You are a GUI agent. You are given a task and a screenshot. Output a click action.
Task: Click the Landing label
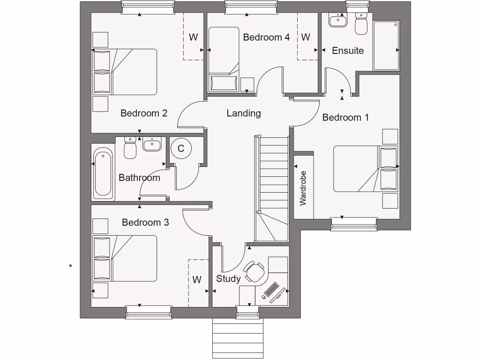tap(243, 113)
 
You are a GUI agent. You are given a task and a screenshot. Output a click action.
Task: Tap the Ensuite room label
tap(347, 51)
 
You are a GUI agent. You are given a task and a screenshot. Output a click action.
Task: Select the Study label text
tap(228, 279)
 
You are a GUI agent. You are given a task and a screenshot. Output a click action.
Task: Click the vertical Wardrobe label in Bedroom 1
tap(303, 188)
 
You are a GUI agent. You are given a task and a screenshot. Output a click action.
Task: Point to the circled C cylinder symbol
tap(181, 149)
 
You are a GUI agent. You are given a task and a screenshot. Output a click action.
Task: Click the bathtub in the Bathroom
tap(103, 173)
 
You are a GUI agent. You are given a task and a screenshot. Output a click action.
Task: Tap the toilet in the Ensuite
tap(361, 25)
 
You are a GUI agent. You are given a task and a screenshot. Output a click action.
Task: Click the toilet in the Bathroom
tap(130, 148)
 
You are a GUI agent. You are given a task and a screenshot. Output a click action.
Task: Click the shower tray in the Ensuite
tap(386, 45)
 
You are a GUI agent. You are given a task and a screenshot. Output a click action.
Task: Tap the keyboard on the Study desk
tap(272, 290)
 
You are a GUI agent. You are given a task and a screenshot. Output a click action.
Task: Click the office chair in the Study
tap(255, 271)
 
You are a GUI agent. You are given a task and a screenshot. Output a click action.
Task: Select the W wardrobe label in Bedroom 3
tap(197, 280)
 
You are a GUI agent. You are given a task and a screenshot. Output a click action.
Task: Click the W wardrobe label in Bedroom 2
tap(193, 37)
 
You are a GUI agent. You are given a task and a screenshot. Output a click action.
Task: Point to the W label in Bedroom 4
tap(306, 37)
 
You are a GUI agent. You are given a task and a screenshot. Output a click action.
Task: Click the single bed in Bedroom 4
tap(224, 59)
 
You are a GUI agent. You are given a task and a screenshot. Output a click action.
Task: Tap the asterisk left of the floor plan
tap(70, 267)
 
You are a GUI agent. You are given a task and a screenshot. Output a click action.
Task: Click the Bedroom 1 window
tap(354, 224)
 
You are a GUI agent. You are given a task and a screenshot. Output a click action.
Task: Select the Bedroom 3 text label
tap(145, 222)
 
